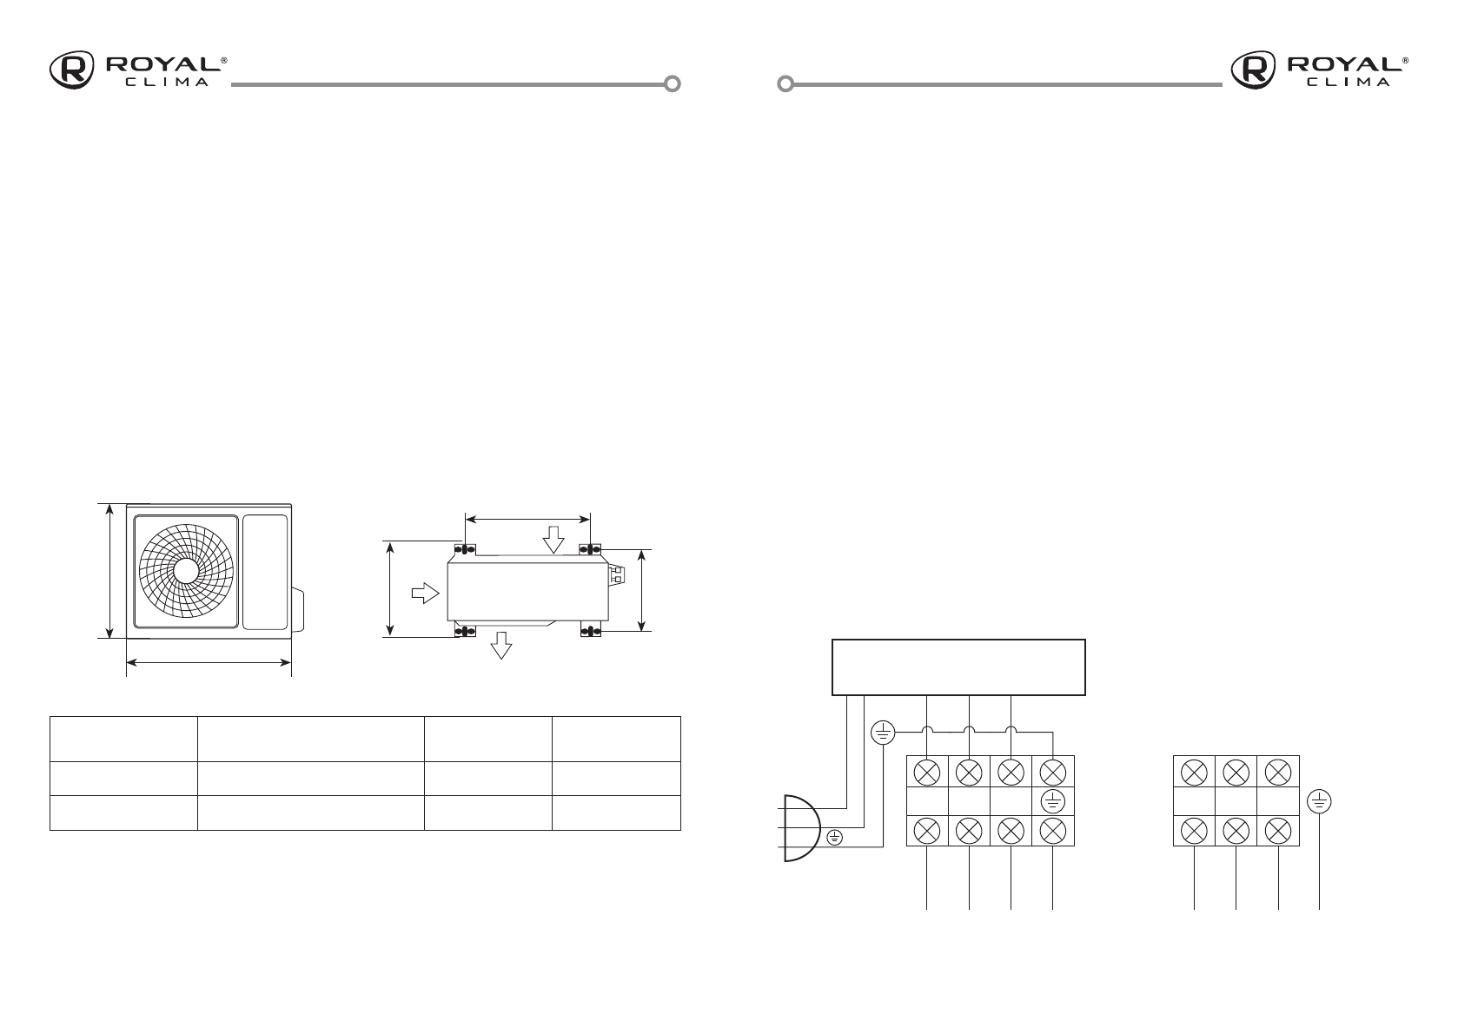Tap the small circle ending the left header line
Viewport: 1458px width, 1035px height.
coord(672,84)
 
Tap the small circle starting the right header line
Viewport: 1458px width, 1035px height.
coord(785,84)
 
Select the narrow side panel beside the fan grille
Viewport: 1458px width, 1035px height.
coord(264,572)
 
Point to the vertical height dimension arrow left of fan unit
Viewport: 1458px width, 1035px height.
coord(109,571)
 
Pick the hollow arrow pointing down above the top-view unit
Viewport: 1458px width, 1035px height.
coord(553,541)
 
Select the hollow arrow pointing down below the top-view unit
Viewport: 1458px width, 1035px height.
coord(501,646)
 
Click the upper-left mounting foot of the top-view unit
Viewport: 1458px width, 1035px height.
coord(465,549)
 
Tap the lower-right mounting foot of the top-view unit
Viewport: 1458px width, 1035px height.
coord(591,630)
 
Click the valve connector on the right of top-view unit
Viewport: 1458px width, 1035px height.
coord(616,574)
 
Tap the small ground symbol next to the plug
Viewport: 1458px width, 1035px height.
coord(835,838)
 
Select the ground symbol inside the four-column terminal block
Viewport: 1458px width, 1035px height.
coord(1052,800)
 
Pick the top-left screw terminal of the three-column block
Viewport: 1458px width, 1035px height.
coord(1195,771)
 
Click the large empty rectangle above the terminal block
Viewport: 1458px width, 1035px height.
coord(959,667)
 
